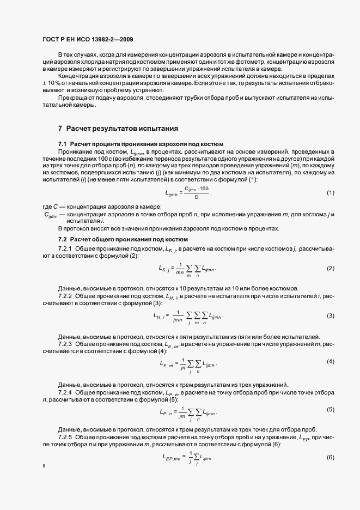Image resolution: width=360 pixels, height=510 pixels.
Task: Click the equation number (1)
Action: (x=330, y=193)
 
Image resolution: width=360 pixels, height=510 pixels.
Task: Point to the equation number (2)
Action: (x=330, y=269)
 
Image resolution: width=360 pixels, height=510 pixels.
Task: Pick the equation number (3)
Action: (x=330, y=316)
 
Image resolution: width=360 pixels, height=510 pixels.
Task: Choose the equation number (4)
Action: (x=330, y=362)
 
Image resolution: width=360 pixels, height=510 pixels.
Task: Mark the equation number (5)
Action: (x=330, y=409)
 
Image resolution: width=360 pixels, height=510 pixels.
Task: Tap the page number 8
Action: (x=44, y=466)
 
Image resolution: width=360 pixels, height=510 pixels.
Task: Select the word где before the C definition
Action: (x=47, y=207)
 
